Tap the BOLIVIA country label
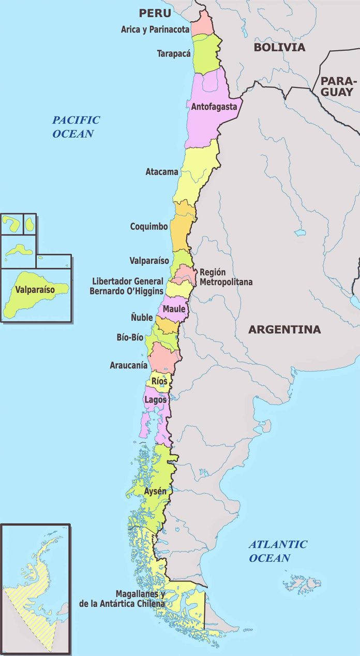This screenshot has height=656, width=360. (279, 48)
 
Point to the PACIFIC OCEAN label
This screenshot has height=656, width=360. (76, 127)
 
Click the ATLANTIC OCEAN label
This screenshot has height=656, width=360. (277, 551)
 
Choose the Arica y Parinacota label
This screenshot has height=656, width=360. (155, 29)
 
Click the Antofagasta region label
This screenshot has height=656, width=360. (214, 108)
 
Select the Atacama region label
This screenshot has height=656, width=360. (162, 171)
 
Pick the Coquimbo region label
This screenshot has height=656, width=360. (149, 227)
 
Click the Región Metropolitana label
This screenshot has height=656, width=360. (226, 277)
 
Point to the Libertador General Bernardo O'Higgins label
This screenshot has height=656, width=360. (128, 286)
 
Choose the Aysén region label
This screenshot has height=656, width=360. (155, 491)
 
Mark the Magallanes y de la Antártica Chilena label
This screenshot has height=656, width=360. (122, 599)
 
